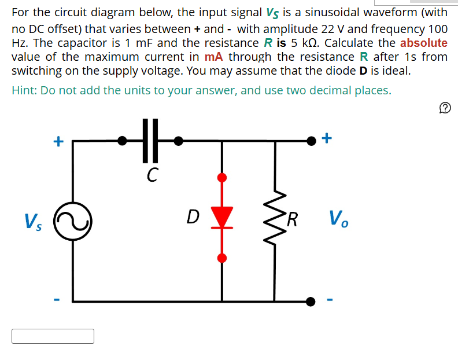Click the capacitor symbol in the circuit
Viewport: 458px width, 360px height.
149,140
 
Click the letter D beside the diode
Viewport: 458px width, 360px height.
193,217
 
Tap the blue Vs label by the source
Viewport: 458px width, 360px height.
32,221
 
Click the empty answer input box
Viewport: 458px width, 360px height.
53,336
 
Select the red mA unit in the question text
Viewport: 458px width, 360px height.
217,57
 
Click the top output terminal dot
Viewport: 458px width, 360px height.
311,140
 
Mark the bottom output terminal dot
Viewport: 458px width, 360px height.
311,301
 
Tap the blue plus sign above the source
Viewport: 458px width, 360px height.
57,141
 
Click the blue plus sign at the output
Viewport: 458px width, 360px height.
327,138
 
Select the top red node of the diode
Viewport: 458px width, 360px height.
221,177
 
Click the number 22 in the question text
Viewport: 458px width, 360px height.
357,29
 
